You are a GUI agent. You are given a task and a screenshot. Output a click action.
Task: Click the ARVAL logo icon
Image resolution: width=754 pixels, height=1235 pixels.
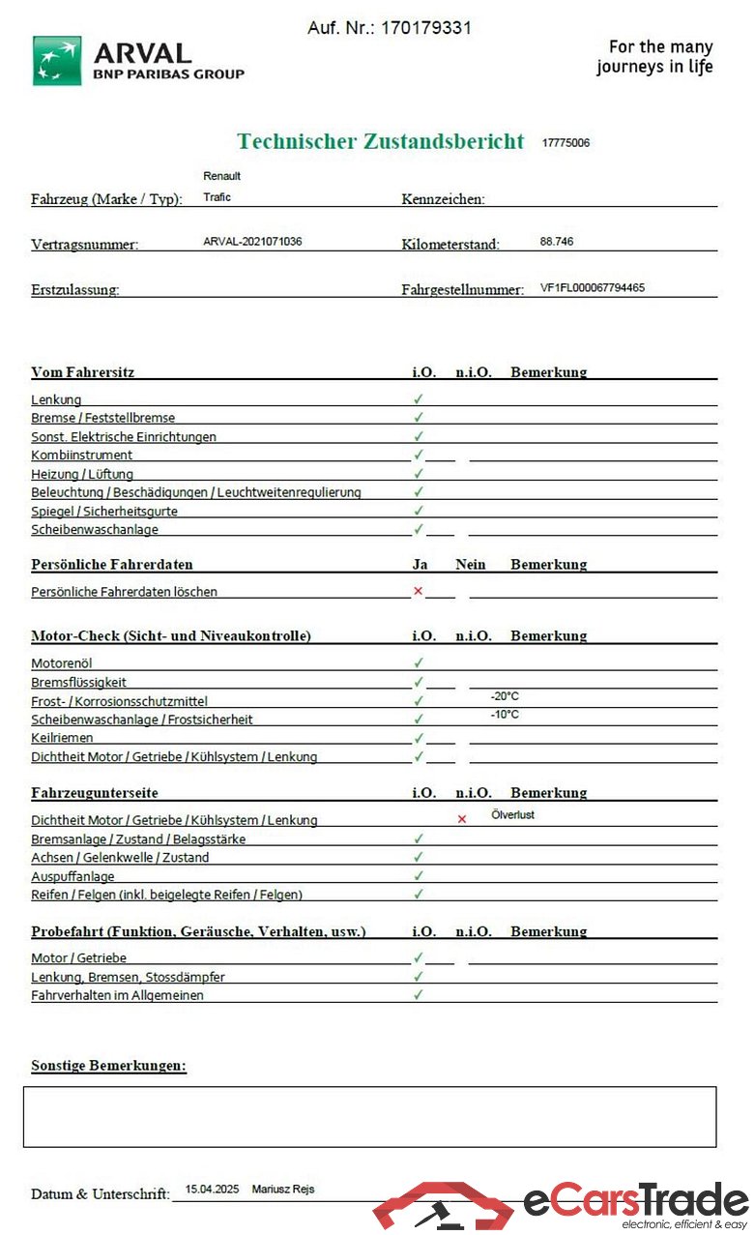coord(57,61)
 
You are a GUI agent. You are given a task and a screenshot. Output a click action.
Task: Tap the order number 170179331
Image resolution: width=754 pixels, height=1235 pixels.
coord(425,28)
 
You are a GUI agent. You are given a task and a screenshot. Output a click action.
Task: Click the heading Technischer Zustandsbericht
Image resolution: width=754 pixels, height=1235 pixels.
coord(381,141)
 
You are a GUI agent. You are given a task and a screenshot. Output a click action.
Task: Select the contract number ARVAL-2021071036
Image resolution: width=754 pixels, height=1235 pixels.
coord(252,241)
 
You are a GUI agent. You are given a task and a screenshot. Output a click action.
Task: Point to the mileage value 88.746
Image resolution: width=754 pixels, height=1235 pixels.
coord(557,241)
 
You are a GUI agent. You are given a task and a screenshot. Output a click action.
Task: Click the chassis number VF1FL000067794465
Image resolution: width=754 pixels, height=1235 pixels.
coord(593,287)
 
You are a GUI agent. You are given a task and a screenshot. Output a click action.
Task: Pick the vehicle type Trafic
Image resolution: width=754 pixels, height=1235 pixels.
coord(217,197)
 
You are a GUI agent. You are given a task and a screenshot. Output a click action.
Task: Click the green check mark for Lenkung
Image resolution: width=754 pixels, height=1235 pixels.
coord(419,398)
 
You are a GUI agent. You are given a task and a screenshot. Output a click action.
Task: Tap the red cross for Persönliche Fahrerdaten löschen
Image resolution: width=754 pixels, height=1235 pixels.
coord(418,591)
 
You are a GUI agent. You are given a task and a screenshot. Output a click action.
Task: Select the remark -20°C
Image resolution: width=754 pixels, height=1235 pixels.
coord(505,696)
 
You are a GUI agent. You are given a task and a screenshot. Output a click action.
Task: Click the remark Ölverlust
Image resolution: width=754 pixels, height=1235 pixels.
coord(512,815)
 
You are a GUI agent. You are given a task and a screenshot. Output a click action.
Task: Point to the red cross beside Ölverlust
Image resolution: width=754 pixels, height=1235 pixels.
coord(461,819)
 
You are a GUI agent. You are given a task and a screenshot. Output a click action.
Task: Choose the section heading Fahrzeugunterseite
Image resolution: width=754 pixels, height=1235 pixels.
coord(95,793)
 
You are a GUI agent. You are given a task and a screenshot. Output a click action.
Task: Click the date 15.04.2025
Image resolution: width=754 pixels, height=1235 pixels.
coord(211,1190)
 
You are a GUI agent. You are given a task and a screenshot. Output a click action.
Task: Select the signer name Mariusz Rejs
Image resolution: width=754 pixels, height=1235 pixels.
coord(283,1190)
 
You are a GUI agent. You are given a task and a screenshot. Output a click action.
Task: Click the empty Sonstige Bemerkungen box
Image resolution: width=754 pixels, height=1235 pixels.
coord(369,1117)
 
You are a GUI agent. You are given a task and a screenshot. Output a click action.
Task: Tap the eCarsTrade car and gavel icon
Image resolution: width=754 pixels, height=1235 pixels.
coord(444,1206)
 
